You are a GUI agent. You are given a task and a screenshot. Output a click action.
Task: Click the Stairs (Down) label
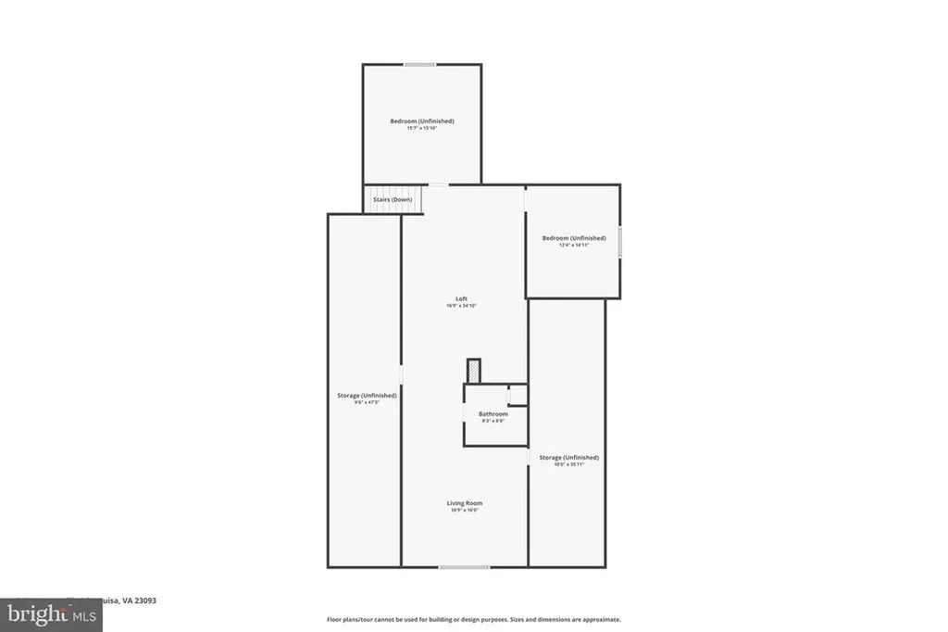click(x=393, y=199)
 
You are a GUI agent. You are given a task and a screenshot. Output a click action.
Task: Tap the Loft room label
click(x=461, y=298)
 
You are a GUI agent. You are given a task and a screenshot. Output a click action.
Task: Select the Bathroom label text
click(x=493, y=414)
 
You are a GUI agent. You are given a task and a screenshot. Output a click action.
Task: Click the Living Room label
click(x=467, y=503)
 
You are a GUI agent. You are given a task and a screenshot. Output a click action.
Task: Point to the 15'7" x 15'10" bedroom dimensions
click(x=421, y=128)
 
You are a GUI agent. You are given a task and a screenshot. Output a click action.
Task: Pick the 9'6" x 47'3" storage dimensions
click(x=366, y=403)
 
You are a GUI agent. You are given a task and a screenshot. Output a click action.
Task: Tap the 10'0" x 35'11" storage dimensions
click(x=568, y=464)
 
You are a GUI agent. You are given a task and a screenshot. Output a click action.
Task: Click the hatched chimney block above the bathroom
click(x=474, y=370)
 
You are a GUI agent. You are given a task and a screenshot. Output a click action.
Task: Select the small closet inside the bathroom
click(x=517, y=394)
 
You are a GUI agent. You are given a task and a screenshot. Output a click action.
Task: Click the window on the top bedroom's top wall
click(x=419, y=64)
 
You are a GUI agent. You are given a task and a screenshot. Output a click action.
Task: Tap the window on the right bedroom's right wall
click(x=619, y=242)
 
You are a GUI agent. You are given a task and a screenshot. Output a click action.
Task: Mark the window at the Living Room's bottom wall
click(x=464, y=566)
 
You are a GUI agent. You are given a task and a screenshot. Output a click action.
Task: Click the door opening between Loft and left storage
click(x=401, y=373)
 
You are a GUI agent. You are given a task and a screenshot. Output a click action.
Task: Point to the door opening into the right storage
click(x=528, y=457)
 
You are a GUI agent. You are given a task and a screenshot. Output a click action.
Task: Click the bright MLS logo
click(x=51, y=613)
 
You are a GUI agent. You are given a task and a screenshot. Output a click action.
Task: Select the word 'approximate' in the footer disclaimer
click(x=598, y=619)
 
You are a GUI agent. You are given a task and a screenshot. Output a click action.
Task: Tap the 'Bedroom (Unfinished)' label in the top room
click(x=421, y=120)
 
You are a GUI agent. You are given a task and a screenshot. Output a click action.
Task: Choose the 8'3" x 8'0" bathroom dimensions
click(x=493, y=422)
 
